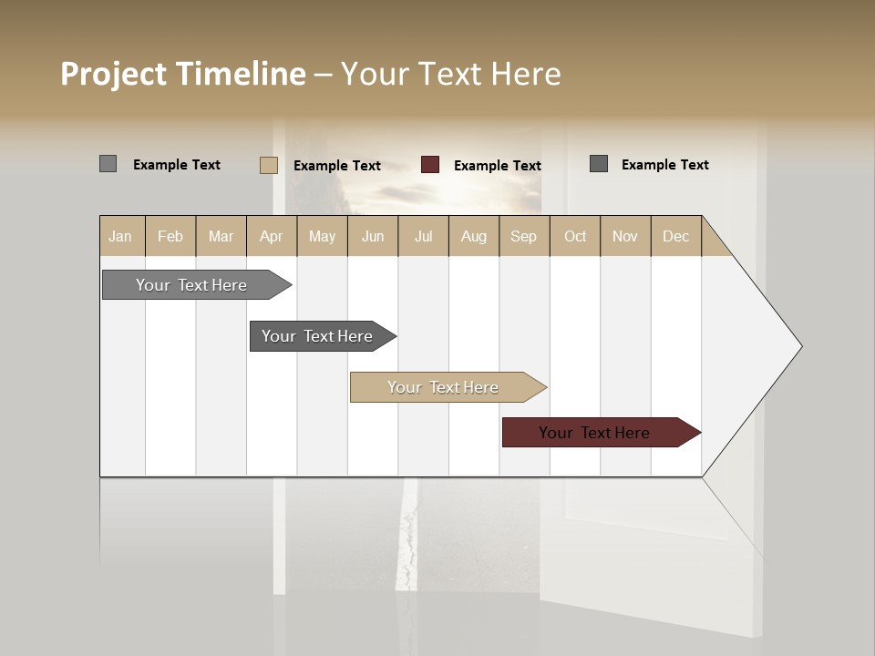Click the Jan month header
pyautogui.click(x=120, y=236)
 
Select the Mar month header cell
pyautogui.click(x=221, y=236)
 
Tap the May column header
pyautogui.click(x=322, y=236)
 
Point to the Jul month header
pyautogui.click(x=423, y=236)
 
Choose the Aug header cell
pyautogui.click(x=473, y=236)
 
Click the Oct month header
pyautogui.click(x=574, y=236)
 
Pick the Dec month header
pyautogui.click(x=675, y=236)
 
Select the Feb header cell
pyautogui.click(x=170, y=236)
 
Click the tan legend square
pyautogui.click(x=269, y=165)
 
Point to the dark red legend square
pyautogui.click(x=430, y=165)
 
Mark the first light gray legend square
pyautogui.click(x=108, y=164)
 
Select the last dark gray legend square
pyautogui.click(x=599, y=164)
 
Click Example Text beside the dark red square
pyautogui.click(x=497, y=166)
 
